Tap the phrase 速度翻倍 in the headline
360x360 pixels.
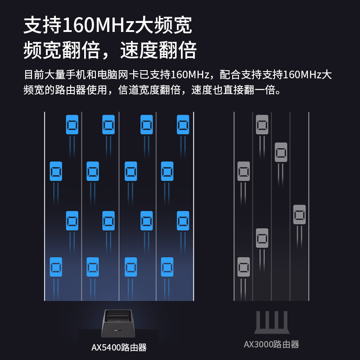158,50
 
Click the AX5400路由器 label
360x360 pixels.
119,347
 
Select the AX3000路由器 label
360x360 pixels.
271,345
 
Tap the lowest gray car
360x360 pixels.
243,267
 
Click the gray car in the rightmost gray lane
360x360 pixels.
299,215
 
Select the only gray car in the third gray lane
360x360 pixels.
281,152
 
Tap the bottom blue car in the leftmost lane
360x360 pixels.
56,267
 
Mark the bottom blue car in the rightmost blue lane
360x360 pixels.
167,267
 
